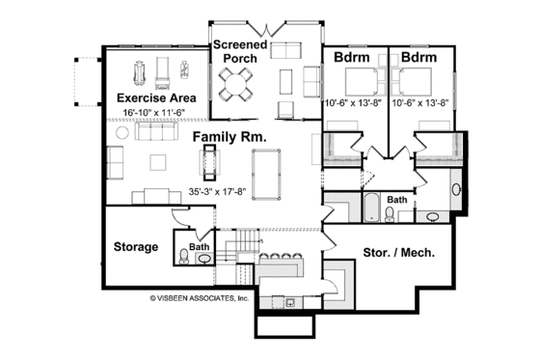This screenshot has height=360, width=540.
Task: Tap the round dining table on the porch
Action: coord(235,87)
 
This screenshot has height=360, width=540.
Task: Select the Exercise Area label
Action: coord(156,98)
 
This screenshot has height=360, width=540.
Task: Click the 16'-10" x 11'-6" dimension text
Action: coord(158,113)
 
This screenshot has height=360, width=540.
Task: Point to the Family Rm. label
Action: coord(229,136)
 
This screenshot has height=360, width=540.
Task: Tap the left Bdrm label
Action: coord(349,58)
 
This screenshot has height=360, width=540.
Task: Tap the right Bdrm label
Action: coord(418,58)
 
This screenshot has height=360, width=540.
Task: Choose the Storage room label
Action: coord(136,247)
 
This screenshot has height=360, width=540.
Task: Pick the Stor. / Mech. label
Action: coord(397,254)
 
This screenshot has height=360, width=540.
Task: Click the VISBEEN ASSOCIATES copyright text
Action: coord(200,299)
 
